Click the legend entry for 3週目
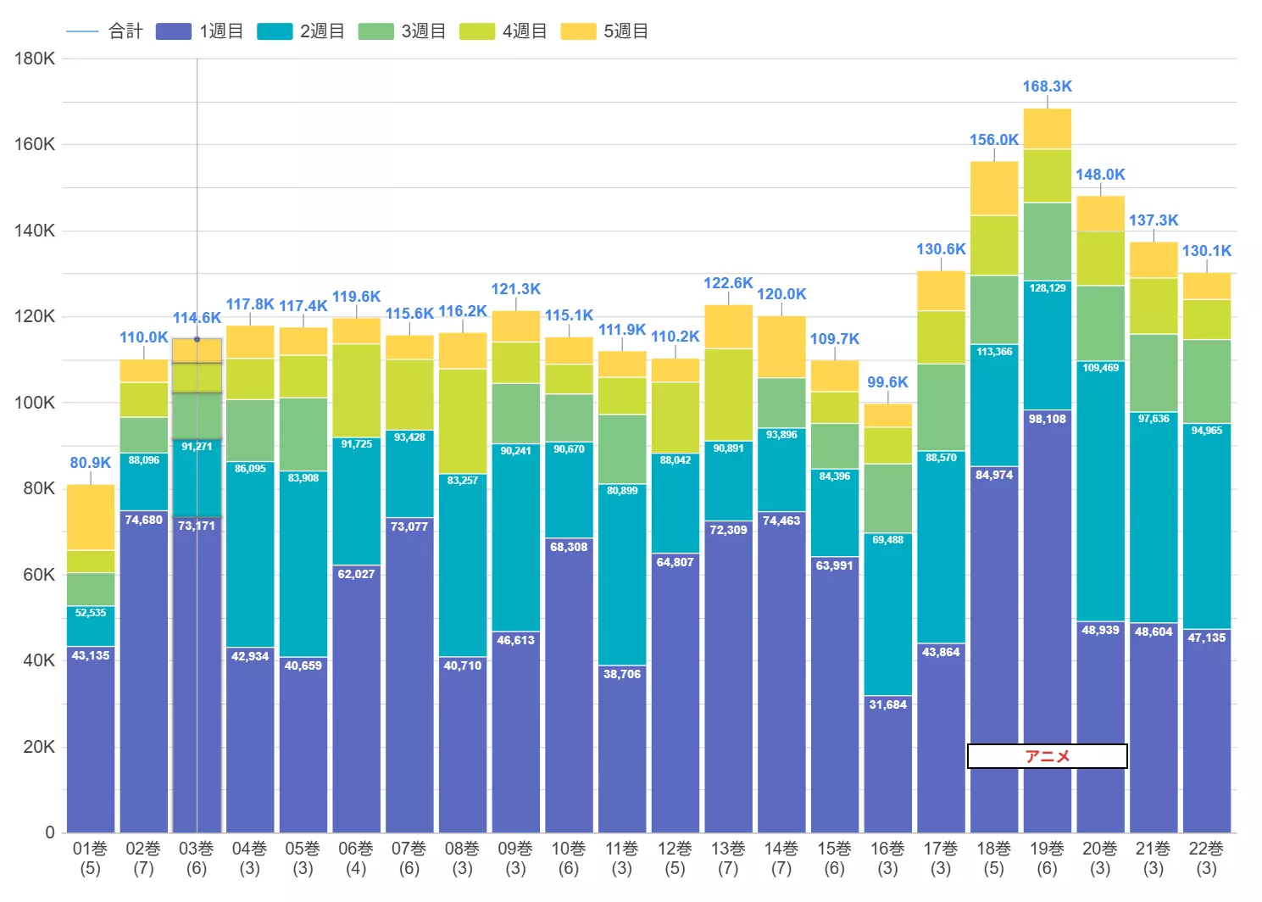click(x=402, y=31)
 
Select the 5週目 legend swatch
click(x=578, y=31)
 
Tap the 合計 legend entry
click(x=104, y=31)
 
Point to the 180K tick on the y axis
click(x=35, y=58)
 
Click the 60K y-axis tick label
click(x=39, y=575)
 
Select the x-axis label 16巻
click(x=888, y=849)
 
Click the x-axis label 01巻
click(x=90, y=849)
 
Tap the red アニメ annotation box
click(x=1048, y=756)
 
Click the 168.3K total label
click(x=1048, y=86)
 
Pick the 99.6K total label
click(x=888, y=382)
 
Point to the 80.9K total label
click(x=91, y=463)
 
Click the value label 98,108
click(x=1048, y=419)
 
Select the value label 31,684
click(x=888, y=704)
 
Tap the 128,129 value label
click(x=1048, y=288)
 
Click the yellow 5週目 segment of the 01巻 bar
click(x=91, y=517)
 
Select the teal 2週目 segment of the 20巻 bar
click(x=1100, y=492)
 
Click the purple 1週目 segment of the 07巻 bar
click(x=409, y=675)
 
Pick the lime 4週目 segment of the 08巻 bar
click(x=463, y=420)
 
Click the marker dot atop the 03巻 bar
click(x=197, y=339)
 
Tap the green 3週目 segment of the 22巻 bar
click(x=1207, y=381)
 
